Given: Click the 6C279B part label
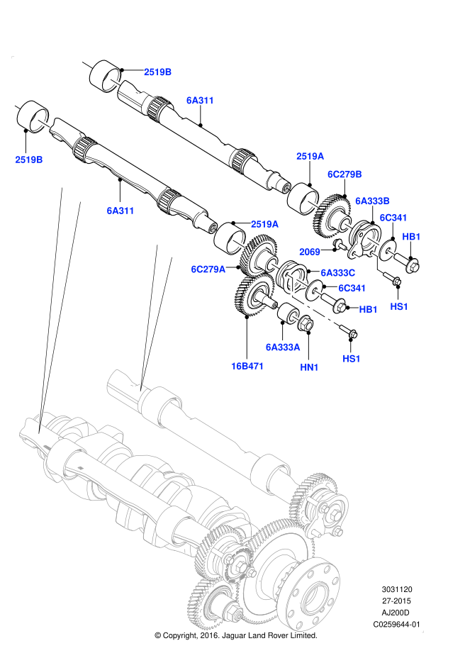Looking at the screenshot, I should [344, 174].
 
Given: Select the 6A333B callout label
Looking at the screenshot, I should [372, 201].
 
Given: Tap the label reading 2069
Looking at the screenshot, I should [310, 252].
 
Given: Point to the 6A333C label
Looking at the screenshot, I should [337, 273].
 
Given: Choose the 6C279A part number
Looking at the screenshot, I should [208, 269].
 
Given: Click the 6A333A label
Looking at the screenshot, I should [283, 347].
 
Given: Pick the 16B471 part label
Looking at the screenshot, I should [247, 367].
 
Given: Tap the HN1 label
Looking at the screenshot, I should [309, 367].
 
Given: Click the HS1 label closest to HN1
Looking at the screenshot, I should [352, 359].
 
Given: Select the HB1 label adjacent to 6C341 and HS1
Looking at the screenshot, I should [369, 309].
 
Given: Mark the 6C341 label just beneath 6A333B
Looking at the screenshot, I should [393, 218].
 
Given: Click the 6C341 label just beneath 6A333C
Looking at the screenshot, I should [352, 289].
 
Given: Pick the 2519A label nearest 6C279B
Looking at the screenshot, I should [310, 157].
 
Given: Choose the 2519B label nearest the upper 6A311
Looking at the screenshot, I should [157, 72].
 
